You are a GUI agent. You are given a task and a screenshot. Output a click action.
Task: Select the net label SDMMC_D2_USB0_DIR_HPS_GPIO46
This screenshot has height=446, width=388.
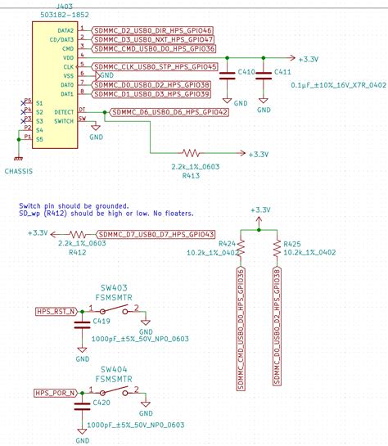[x=153, y=29]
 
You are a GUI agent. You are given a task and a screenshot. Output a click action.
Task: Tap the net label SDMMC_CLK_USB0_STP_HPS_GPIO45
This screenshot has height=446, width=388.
[x=155, y=66]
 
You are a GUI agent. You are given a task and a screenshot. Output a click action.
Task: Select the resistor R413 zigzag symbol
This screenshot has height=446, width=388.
[x=192, y=153]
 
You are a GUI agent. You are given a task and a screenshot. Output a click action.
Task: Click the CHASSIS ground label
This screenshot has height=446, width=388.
[x=18, y=172]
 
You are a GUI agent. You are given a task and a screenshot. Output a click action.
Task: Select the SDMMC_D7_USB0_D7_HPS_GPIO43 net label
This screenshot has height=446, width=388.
[x=156, y=233]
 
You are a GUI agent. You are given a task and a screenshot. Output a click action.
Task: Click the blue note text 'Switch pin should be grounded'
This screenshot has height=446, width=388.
[x=73, y=205]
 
